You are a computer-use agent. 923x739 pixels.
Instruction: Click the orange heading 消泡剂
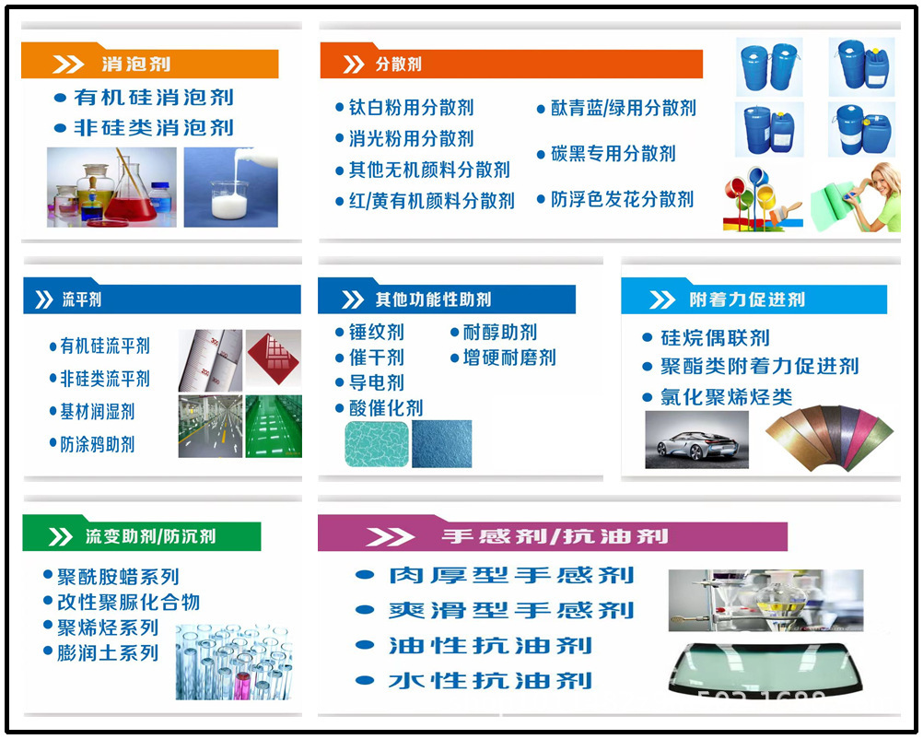[135, 65]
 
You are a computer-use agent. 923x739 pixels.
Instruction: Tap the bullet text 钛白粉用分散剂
[411, 108]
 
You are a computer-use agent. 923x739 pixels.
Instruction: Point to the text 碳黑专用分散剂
[613, 154]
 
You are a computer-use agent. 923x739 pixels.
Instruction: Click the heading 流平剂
[82, 299]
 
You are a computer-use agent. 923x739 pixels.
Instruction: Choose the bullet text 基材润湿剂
[98, 412]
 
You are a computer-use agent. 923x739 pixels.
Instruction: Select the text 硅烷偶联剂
[715, 338]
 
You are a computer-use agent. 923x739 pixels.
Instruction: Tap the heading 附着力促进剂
[747, 299]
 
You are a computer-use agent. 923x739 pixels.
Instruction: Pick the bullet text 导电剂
[376, 382]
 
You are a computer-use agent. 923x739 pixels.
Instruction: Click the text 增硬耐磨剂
[509, 358]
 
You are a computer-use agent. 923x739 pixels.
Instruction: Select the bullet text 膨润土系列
[108, 653]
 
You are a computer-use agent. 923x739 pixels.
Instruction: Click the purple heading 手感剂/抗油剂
[555, 536]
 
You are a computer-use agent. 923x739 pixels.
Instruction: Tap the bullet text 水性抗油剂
[490, 681]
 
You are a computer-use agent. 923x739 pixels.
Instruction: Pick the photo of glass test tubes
[234, 661]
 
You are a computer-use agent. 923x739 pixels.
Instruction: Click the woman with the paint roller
[858, 197]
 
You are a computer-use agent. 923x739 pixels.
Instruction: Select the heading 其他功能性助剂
[433, 299]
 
